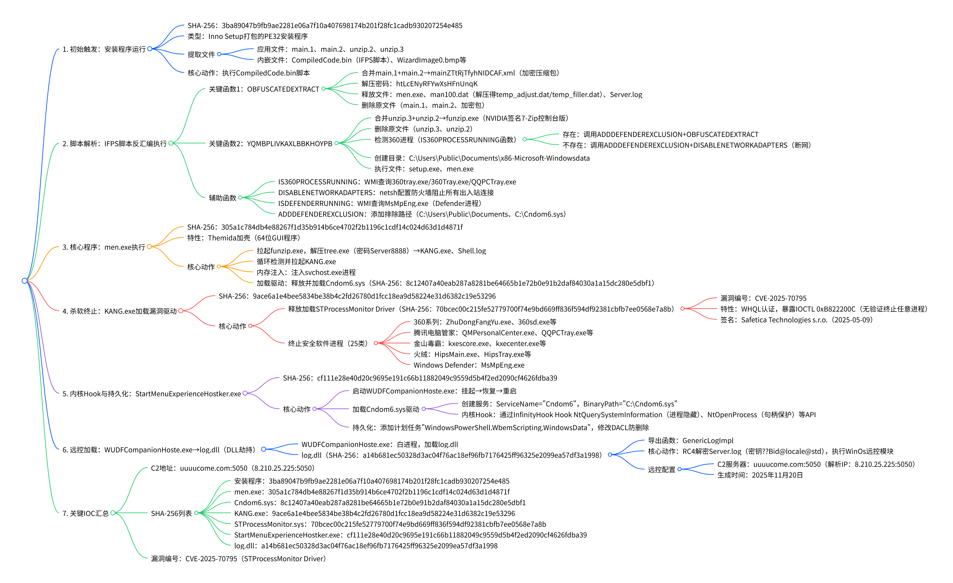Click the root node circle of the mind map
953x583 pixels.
point(24,281)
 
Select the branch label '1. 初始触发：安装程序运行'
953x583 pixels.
point(104,49)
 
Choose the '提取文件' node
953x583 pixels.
point(201,55)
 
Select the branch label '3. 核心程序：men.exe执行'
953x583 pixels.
point(104,247)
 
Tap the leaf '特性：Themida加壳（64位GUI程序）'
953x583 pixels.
point(244,238)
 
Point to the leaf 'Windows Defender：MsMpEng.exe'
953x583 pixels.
point(469,365)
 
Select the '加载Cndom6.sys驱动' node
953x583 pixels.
point(386,409)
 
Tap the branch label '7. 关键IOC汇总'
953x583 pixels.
point(85,513)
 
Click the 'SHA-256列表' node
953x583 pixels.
point(171,513)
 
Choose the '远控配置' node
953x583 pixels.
point(661,469)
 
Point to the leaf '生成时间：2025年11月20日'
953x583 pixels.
point(760,475)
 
